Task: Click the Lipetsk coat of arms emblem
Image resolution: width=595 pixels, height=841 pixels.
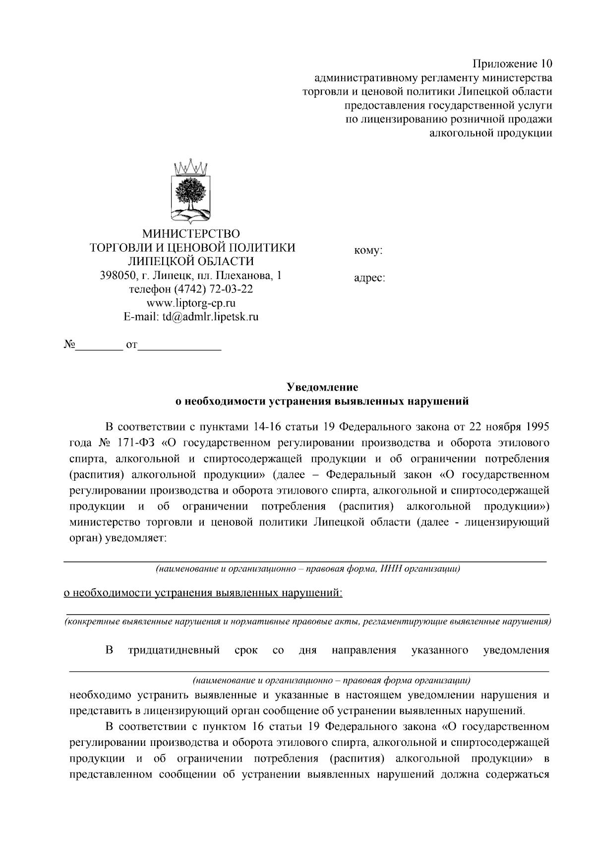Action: click(191, 191)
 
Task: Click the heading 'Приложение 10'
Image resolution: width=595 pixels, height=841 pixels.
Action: click(512, 64)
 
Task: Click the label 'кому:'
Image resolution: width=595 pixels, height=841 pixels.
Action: click(368, 251)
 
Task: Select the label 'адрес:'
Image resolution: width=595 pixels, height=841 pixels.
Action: click(369, 279)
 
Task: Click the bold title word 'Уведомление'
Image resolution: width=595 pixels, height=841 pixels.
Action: click(323, 387)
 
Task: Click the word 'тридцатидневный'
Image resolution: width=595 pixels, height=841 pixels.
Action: click(174, 650)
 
